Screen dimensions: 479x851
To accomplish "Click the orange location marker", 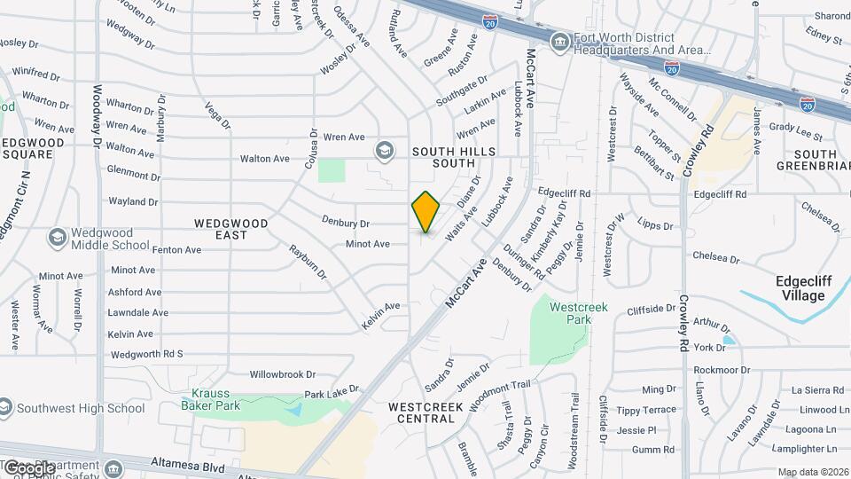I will click(x=425, y=211).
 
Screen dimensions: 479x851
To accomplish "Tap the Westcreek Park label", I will click(x=570, y=312).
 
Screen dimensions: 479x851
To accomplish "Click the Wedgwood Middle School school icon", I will click(x=58, y=237).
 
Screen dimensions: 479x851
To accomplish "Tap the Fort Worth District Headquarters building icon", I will click(x=559, y=42).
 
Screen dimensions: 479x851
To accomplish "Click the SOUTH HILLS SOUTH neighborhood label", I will click(x=448, y=157).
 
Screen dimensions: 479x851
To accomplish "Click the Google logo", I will click(x=28, y=467).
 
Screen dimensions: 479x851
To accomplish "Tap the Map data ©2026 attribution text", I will click(x=812, y=472).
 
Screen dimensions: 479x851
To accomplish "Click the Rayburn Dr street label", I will click(x=308, y=261).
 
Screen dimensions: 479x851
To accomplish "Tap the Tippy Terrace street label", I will click(x=646, y=410).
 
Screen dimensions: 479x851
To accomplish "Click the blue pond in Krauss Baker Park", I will click(x=295, y=410).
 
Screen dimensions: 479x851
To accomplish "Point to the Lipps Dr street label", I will click(x=656, y=224).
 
